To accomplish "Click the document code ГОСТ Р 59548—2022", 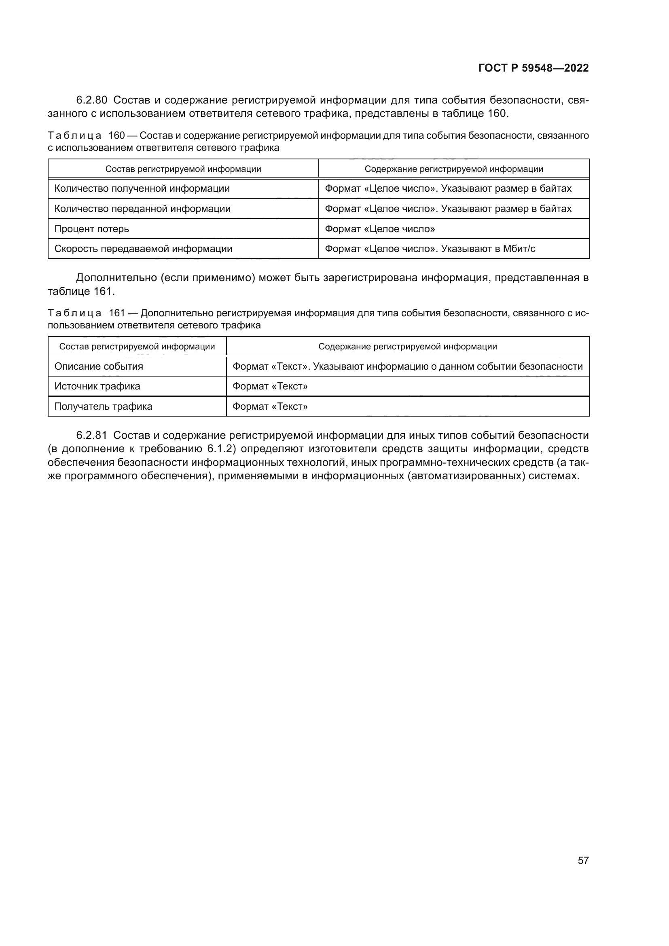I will (534, 68).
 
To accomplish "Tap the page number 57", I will (583, 860).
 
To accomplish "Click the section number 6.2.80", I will (91, 100).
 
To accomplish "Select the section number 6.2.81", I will (91, 435).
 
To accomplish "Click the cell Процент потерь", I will (91, 229).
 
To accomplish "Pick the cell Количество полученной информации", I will (142, 189).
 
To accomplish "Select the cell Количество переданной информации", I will (142, 208).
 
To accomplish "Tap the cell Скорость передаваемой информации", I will (143, 249).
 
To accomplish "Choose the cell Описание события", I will (98, 366).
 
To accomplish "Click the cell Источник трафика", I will (97, 386).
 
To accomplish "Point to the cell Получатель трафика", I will (103, 406).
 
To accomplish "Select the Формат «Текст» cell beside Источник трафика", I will (270, 386).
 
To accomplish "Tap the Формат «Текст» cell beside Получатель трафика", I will (270, 406).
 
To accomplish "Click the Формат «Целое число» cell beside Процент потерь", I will (379, 229).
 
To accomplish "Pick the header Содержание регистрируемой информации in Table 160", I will (453, 169).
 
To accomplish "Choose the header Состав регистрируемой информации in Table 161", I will (137, 347).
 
